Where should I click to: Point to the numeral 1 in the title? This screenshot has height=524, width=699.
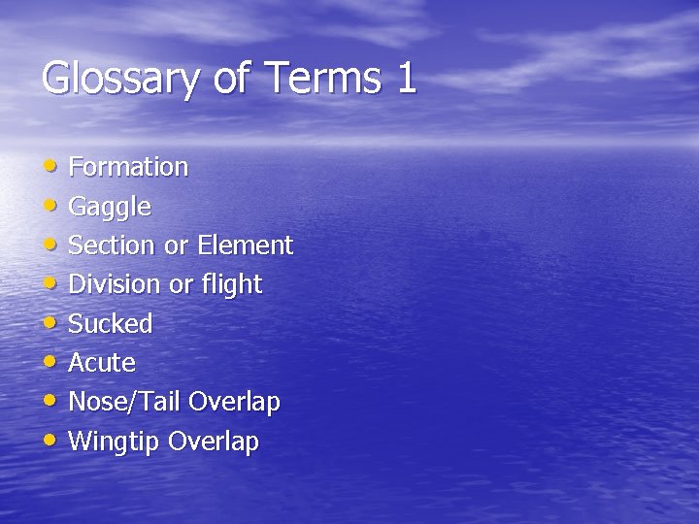click(407, 78)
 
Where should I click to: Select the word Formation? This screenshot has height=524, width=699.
click(128, 167)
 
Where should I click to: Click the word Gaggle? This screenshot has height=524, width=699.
click(110, 208)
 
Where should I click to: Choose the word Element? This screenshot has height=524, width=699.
click(245, 246)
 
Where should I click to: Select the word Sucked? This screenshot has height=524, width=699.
click(111, 324)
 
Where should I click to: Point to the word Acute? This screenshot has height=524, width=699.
click(102, 363)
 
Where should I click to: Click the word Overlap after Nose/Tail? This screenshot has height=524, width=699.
click(235, 402)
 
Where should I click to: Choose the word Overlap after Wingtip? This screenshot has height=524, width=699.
click(214, 442)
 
